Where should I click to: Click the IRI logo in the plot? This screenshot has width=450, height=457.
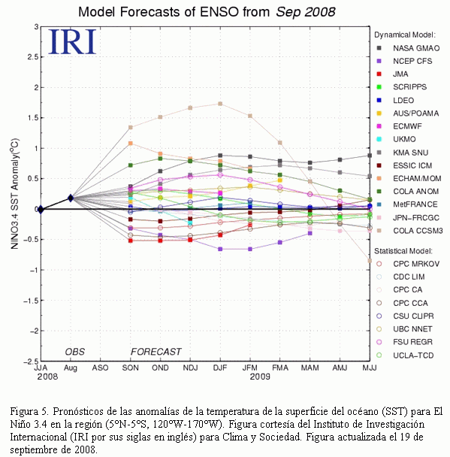72,41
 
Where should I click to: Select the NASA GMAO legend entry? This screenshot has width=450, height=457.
408,48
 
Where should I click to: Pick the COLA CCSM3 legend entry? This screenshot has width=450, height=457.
409,231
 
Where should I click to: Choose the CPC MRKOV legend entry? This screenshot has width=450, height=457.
408,264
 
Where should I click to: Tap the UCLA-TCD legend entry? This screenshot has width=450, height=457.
405,356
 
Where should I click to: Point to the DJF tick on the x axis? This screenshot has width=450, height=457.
220,368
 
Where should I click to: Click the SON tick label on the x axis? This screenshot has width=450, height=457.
130,368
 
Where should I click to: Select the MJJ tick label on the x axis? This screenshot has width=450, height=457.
370,368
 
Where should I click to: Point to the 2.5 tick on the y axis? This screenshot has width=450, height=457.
33,57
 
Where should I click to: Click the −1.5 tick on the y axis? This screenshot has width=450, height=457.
31,301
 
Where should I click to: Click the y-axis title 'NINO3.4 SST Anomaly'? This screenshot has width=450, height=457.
14,193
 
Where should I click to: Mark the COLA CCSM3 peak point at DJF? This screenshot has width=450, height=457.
220,104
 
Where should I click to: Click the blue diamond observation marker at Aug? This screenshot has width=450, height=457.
71,198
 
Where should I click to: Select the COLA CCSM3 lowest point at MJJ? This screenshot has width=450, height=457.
370,261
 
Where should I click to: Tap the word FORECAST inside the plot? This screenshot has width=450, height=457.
156,352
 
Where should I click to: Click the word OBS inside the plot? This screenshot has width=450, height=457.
75,352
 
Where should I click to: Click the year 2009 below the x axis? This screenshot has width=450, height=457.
260,377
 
